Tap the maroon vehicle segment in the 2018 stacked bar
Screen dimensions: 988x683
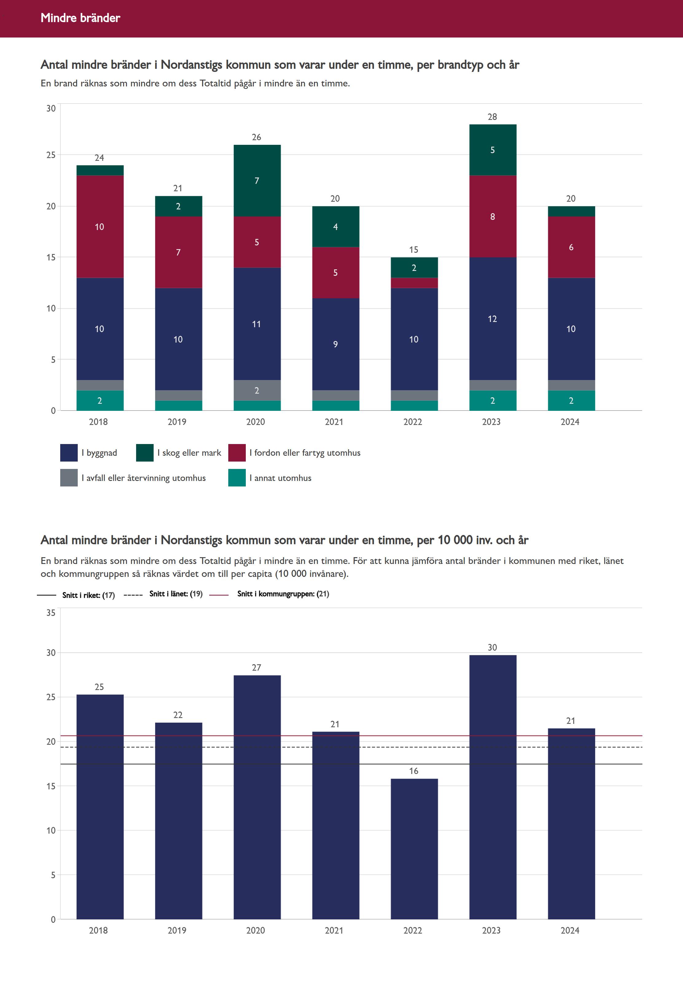tap(100, 227)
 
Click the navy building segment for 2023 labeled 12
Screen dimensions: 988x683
tap(493, 319)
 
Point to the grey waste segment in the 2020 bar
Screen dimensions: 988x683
tap(257, 390)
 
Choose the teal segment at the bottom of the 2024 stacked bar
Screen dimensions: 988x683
tap(571, 400)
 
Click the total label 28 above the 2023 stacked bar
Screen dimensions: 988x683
tap(492, 117)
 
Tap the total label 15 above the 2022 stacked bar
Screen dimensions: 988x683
tap(414, 250)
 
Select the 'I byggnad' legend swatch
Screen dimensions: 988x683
tap(69, 453)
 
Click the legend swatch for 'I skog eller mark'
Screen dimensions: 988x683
tap(145, 453)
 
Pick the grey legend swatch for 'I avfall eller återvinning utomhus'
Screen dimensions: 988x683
tap(69, 478)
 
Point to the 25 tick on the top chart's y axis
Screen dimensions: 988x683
tap(51, 155)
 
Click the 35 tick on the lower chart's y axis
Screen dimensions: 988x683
tap(51, 613)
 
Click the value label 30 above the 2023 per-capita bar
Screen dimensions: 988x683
tap(492, 648)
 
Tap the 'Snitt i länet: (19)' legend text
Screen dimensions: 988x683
tap(175, 593)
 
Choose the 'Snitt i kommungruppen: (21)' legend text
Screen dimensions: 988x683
tap(283, 593)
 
